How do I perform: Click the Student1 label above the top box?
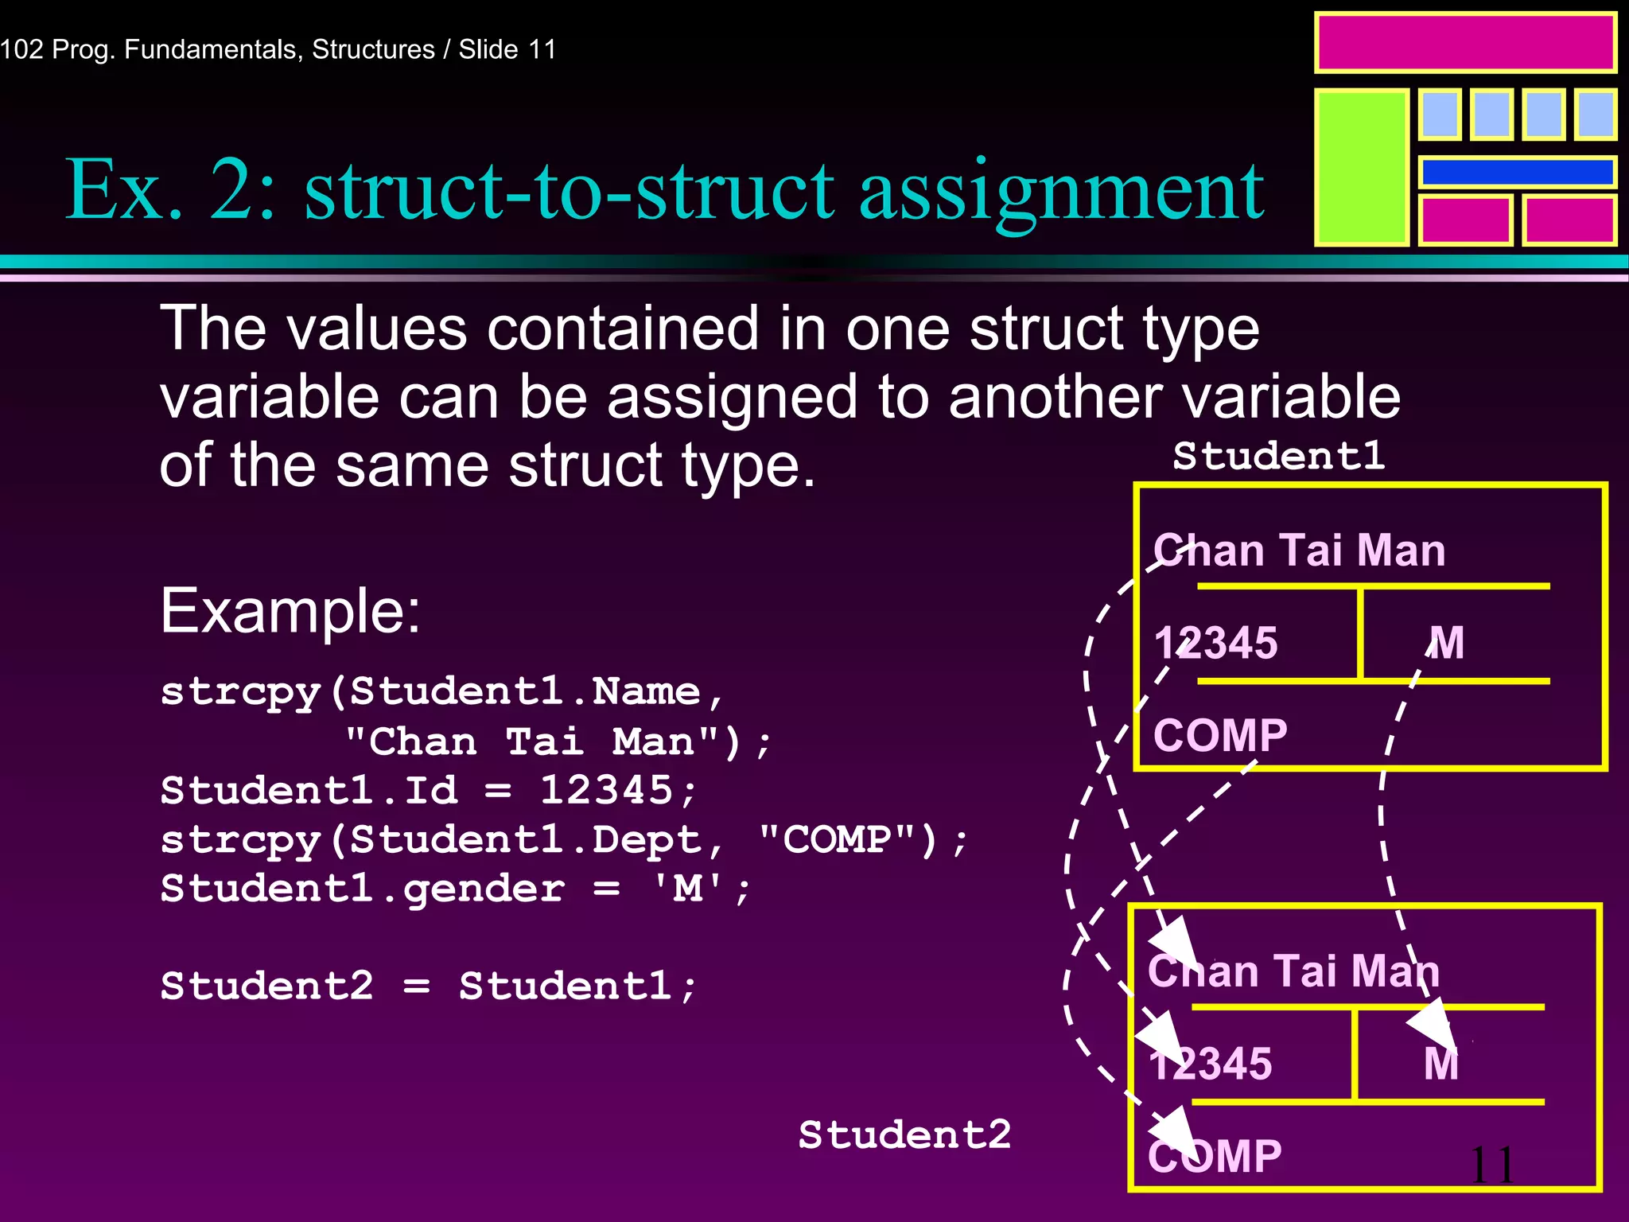point(1278,456)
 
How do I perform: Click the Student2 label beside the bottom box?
point(904,1134)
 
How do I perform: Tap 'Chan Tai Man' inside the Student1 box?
point(1299,551)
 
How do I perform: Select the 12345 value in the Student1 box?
point(1215,643)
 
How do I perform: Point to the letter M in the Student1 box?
point(1446,643)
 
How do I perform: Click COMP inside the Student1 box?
point(1220,735)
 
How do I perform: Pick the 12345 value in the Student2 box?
point(1211,1064)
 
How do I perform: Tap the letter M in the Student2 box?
point(1440,1064)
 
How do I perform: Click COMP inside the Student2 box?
point(1215,1156)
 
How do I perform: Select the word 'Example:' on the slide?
point(290,611)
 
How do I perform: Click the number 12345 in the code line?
point(606,790)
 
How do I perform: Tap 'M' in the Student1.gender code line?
point(688,889)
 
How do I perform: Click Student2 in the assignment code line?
point(266,987)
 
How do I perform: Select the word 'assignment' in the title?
point(1061,191)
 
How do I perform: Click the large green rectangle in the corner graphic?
point(1362,167)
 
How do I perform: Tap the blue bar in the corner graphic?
point(1517,172)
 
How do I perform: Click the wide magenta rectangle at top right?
point(1465,43)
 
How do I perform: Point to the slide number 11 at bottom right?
point(1491,1166)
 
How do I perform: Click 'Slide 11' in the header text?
point(507,49)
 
